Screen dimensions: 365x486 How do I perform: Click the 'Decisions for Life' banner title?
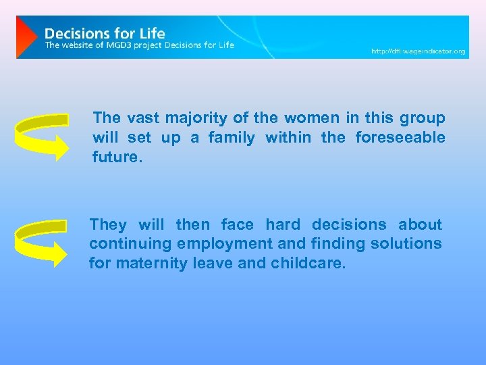coord(105,32)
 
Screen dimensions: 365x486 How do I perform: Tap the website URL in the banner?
coord(418,51)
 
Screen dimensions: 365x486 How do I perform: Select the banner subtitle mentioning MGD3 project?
coord(140,45)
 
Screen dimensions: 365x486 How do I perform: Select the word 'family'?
coord(232,138)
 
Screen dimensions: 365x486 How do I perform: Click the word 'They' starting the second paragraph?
coord(108,224)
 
